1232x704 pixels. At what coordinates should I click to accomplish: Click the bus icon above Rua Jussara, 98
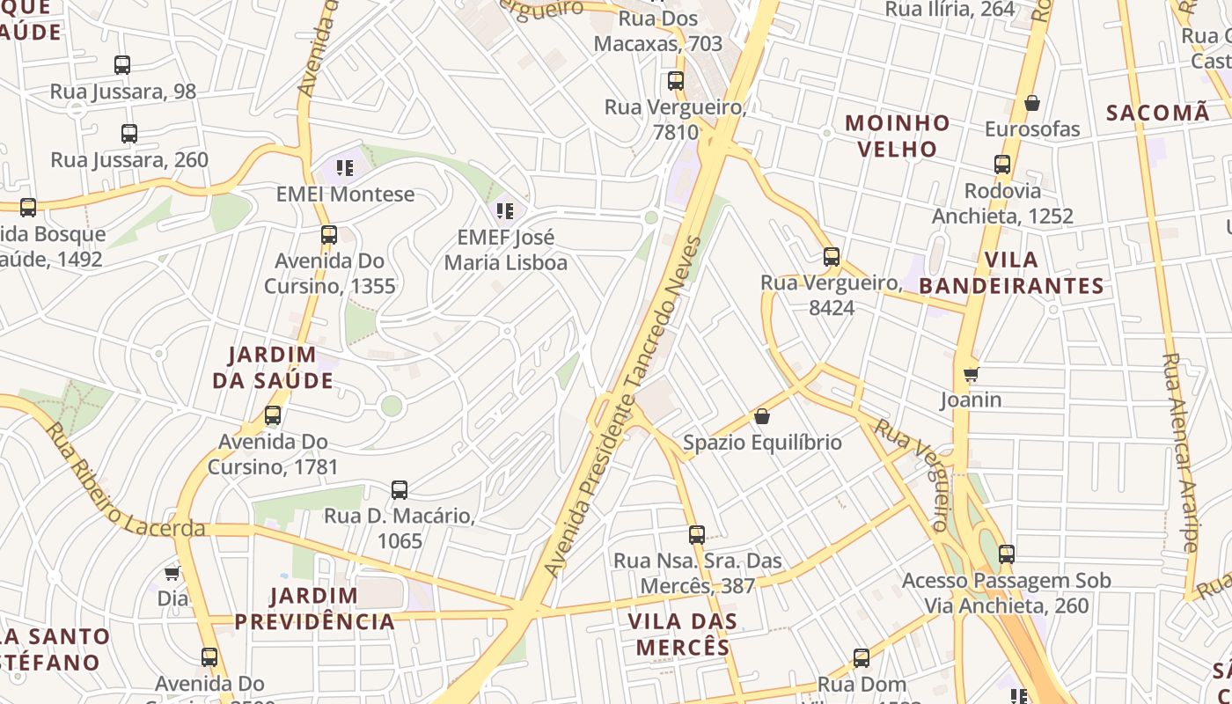click(x=122, y=64)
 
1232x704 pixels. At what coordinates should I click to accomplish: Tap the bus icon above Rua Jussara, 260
click(x=129, y=134)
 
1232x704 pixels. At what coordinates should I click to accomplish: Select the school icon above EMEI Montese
click(x=345, y=167)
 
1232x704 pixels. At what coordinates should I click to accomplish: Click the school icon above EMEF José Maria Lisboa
click(x=505, y=210)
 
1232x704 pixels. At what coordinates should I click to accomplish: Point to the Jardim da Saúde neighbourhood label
click(x=273, y=367)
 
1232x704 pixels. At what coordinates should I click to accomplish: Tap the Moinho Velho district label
click(x=898, y=136)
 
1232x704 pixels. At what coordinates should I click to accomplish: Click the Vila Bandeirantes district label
click(x=1012, y=273)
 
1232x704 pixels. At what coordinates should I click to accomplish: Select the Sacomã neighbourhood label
click(x=1158, y=113)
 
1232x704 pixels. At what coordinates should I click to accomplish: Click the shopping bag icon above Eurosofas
click(x=1032, y=103)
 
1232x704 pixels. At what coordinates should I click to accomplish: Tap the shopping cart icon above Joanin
click(x=972, y=375)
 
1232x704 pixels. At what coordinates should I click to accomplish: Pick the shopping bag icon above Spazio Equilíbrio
click(x=762, y=416)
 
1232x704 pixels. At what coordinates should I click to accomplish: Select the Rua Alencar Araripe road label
click(x=1180, y=452)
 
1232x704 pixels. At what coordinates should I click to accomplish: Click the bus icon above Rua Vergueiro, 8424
click(x=832, y=257)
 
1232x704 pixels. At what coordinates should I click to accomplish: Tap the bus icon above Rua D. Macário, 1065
click(x=400, y=490)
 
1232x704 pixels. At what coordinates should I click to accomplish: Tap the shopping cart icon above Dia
click(x=172, y=573)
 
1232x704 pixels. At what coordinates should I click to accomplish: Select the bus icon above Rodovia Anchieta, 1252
click(x=1002, y=165)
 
